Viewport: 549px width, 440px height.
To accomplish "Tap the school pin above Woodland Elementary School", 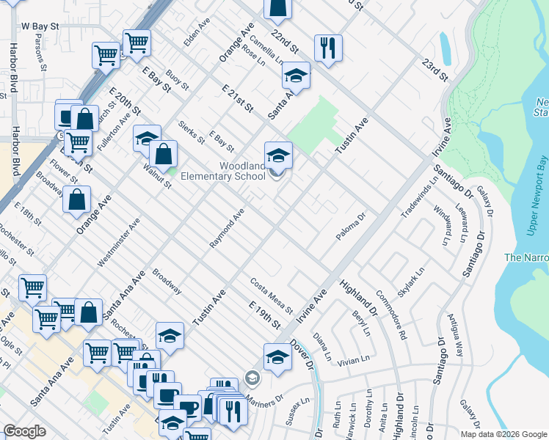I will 278,155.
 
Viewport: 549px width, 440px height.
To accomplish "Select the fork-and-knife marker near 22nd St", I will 328,48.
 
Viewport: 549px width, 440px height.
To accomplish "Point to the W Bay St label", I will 40,26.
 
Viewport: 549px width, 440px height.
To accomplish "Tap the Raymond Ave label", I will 227,228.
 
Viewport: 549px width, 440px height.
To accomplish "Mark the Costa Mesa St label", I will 271,294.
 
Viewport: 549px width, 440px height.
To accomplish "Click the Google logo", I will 25,431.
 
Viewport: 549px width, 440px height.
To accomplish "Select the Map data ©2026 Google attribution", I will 503,434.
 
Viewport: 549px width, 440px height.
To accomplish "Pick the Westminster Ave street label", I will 118,243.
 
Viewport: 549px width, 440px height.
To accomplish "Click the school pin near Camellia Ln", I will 296,76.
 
